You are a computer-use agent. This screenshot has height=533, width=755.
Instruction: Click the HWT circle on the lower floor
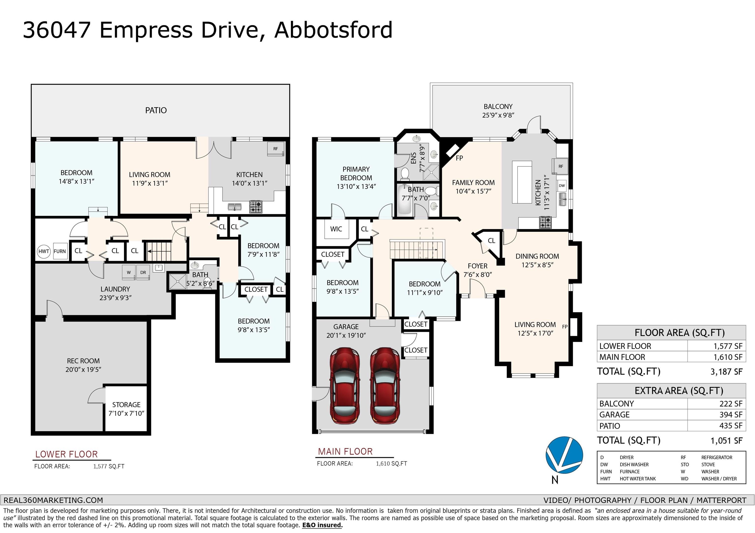tap(44, 251)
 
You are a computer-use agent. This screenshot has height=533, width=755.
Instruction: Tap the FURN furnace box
tap(60, 251)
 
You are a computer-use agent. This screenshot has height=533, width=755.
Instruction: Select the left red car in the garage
tap(344, 386)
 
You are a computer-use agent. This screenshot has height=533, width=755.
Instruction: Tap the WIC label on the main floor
tap(336, 229)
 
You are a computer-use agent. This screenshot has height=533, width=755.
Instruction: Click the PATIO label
tap(156, 110)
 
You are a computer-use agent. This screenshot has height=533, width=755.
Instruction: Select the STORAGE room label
tap(126, 405)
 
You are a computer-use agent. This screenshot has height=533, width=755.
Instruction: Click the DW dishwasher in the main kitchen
tap(562, 186)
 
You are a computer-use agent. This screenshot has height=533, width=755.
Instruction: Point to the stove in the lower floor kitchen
tap(256, 207)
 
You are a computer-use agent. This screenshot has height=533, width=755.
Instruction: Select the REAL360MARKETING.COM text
tap(53, 500)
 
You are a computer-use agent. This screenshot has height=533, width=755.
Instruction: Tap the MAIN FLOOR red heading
tap(345, 452)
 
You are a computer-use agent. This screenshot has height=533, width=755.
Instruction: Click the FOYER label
tap(478, 266)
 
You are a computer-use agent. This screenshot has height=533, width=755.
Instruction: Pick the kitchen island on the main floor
tap(522, 182)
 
